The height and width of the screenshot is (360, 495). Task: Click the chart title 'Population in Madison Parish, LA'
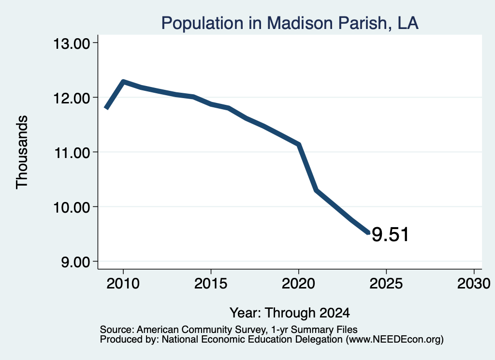[x=290, y=23]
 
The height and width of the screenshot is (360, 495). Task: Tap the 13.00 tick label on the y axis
[x=72, y=43]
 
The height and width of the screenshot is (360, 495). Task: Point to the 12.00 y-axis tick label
[x=72, y=98]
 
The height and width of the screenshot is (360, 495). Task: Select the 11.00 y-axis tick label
[x=72, y=153]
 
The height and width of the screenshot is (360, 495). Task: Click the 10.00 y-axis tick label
[x=72, y=207]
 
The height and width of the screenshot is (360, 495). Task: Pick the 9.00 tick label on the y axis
[x=75, y=262]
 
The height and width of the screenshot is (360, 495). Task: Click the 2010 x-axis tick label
[x=123, y=283]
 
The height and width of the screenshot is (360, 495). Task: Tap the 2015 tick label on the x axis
[x=211, y=283]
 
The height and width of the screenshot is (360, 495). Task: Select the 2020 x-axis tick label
[x=298, y=283]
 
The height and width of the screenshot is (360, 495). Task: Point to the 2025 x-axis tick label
[x=386, y=283]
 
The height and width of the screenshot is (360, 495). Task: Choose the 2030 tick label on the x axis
[x=474, y=283]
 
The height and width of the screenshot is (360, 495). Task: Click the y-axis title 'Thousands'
[x=22, y=152]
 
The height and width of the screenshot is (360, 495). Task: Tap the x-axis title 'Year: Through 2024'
[x=290, y=313]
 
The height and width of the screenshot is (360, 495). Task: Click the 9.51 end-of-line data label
[x=390, y=234]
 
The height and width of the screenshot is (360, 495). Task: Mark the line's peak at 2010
[x=123, y=82]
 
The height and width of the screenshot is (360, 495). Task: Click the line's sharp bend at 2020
[x=299, y=144]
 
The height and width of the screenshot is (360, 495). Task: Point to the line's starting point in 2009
[x=106, y=108]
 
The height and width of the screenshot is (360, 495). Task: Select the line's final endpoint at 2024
[x=368, y=233]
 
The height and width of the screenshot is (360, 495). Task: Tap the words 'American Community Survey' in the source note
[x=201, y=330]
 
